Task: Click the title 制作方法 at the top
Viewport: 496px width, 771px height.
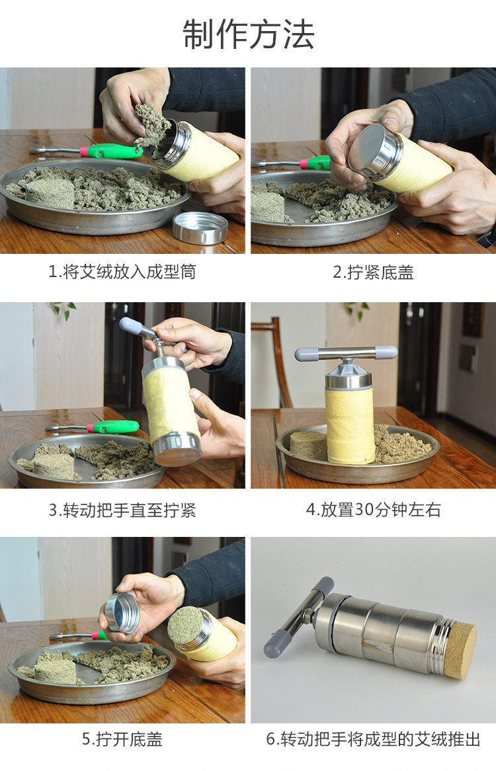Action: [x=248, y=34]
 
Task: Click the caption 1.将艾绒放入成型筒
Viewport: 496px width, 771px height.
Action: [x=122, y=271]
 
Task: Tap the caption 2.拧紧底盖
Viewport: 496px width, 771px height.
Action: [x=373, y=272]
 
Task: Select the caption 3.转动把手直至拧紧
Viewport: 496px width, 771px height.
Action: [x=122, y=510]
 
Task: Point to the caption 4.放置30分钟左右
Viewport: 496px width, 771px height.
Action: [x=373, y=509]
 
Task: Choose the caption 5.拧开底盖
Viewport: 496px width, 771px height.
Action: [x=122, y=739]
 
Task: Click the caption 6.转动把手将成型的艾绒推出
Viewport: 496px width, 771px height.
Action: [x=373, y=739]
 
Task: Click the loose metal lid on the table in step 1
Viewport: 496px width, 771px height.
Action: [x=200, y=227]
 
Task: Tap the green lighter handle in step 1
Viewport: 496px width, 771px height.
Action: [x=112, y=151]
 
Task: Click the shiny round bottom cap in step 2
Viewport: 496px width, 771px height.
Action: [x=374, y=150]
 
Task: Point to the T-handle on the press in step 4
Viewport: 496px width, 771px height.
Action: [x=346, y=353]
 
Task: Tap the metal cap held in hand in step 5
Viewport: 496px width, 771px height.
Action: [x=122, y=612]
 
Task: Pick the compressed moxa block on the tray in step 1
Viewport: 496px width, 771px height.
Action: [x=50, y=192]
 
